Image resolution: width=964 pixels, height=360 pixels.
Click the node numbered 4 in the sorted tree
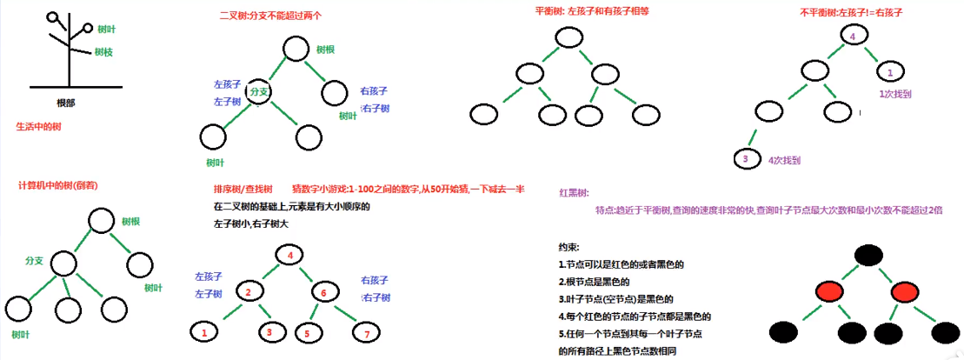(289, 255)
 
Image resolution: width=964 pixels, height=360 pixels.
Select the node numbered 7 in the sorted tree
(367, 333)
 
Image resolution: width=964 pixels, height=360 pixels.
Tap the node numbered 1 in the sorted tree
(203, 332)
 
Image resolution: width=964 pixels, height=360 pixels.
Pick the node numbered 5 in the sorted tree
(307, 333)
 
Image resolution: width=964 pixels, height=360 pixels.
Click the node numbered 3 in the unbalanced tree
(744, 158)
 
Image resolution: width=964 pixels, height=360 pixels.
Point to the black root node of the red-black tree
(868, 255)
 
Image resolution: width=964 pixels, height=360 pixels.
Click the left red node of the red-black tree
(831, 291)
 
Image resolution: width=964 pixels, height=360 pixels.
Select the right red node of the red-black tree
(907, 291)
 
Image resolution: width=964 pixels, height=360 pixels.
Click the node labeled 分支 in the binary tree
(259, 90)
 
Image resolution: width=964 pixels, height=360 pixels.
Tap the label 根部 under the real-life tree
(65, 102)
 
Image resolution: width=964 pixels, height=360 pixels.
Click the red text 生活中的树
(39, 126)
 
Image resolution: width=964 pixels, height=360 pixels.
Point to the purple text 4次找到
(784, 160)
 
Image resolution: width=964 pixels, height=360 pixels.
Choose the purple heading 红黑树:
(575, 193)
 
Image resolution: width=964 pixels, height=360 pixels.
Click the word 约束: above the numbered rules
(569, 247)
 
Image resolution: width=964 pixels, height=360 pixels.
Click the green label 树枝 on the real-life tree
(103, 52)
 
